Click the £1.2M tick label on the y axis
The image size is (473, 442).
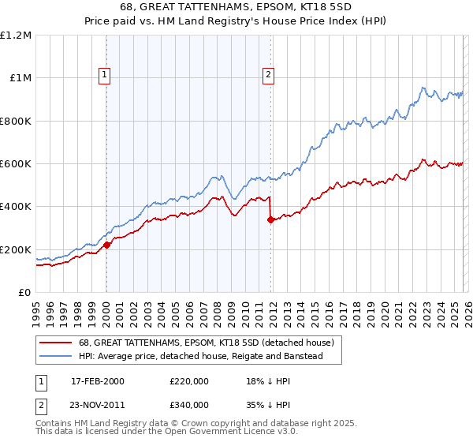pyautogui.click(x=16, y=36)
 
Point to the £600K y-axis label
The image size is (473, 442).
pyautogui.click(x=16, y=164)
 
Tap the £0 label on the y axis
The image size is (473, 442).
pyautogui.click(x=24, y=293)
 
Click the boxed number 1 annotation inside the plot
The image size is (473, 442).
pyautogui.click(x=106, y=75)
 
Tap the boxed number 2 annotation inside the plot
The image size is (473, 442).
pyautogui.click(x=268, y=75)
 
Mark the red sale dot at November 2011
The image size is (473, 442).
pyautogui.click(x=270, y=220)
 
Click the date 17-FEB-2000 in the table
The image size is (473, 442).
pyautogui.click(x=98, y=381)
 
